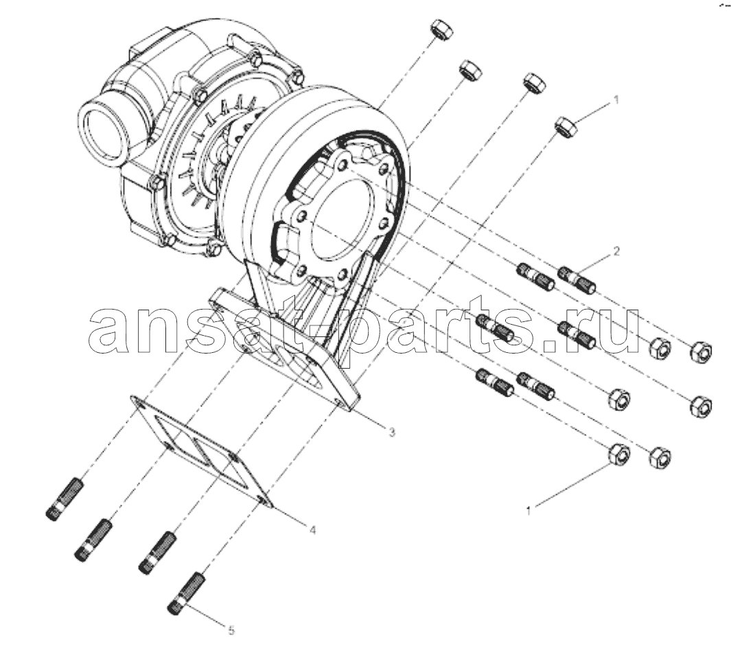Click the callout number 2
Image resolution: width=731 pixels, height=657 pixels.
pyautogui.click(x=616, y=251)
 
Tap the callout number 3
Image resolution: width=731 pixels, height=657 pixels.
pyautogui.click(x=392, y=433)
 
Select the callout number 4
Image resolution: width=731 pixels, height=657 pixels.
pyautogui.click(x=313, y=530)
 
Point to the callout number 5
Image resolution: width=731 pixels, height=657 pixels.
pyautogui.click(x=232, y=631)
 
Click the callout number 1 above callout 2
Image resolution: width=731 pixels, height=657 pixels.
pyautogui.click(x=616, y=100)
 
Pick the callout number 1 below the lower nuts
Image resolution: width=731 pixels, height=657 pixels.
pyautogui.click(x=529, y=511)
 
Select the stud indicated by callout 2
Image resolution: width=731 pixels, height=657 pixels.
pyautogui.click(x=577, y=279)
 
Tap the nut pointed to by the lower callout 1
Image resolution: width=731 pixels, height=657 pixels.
pyautogui.click(x=620, y=454)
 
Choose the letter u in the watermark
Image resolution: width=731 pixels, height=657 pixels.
pyautogui.click(x=616, y=331)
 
